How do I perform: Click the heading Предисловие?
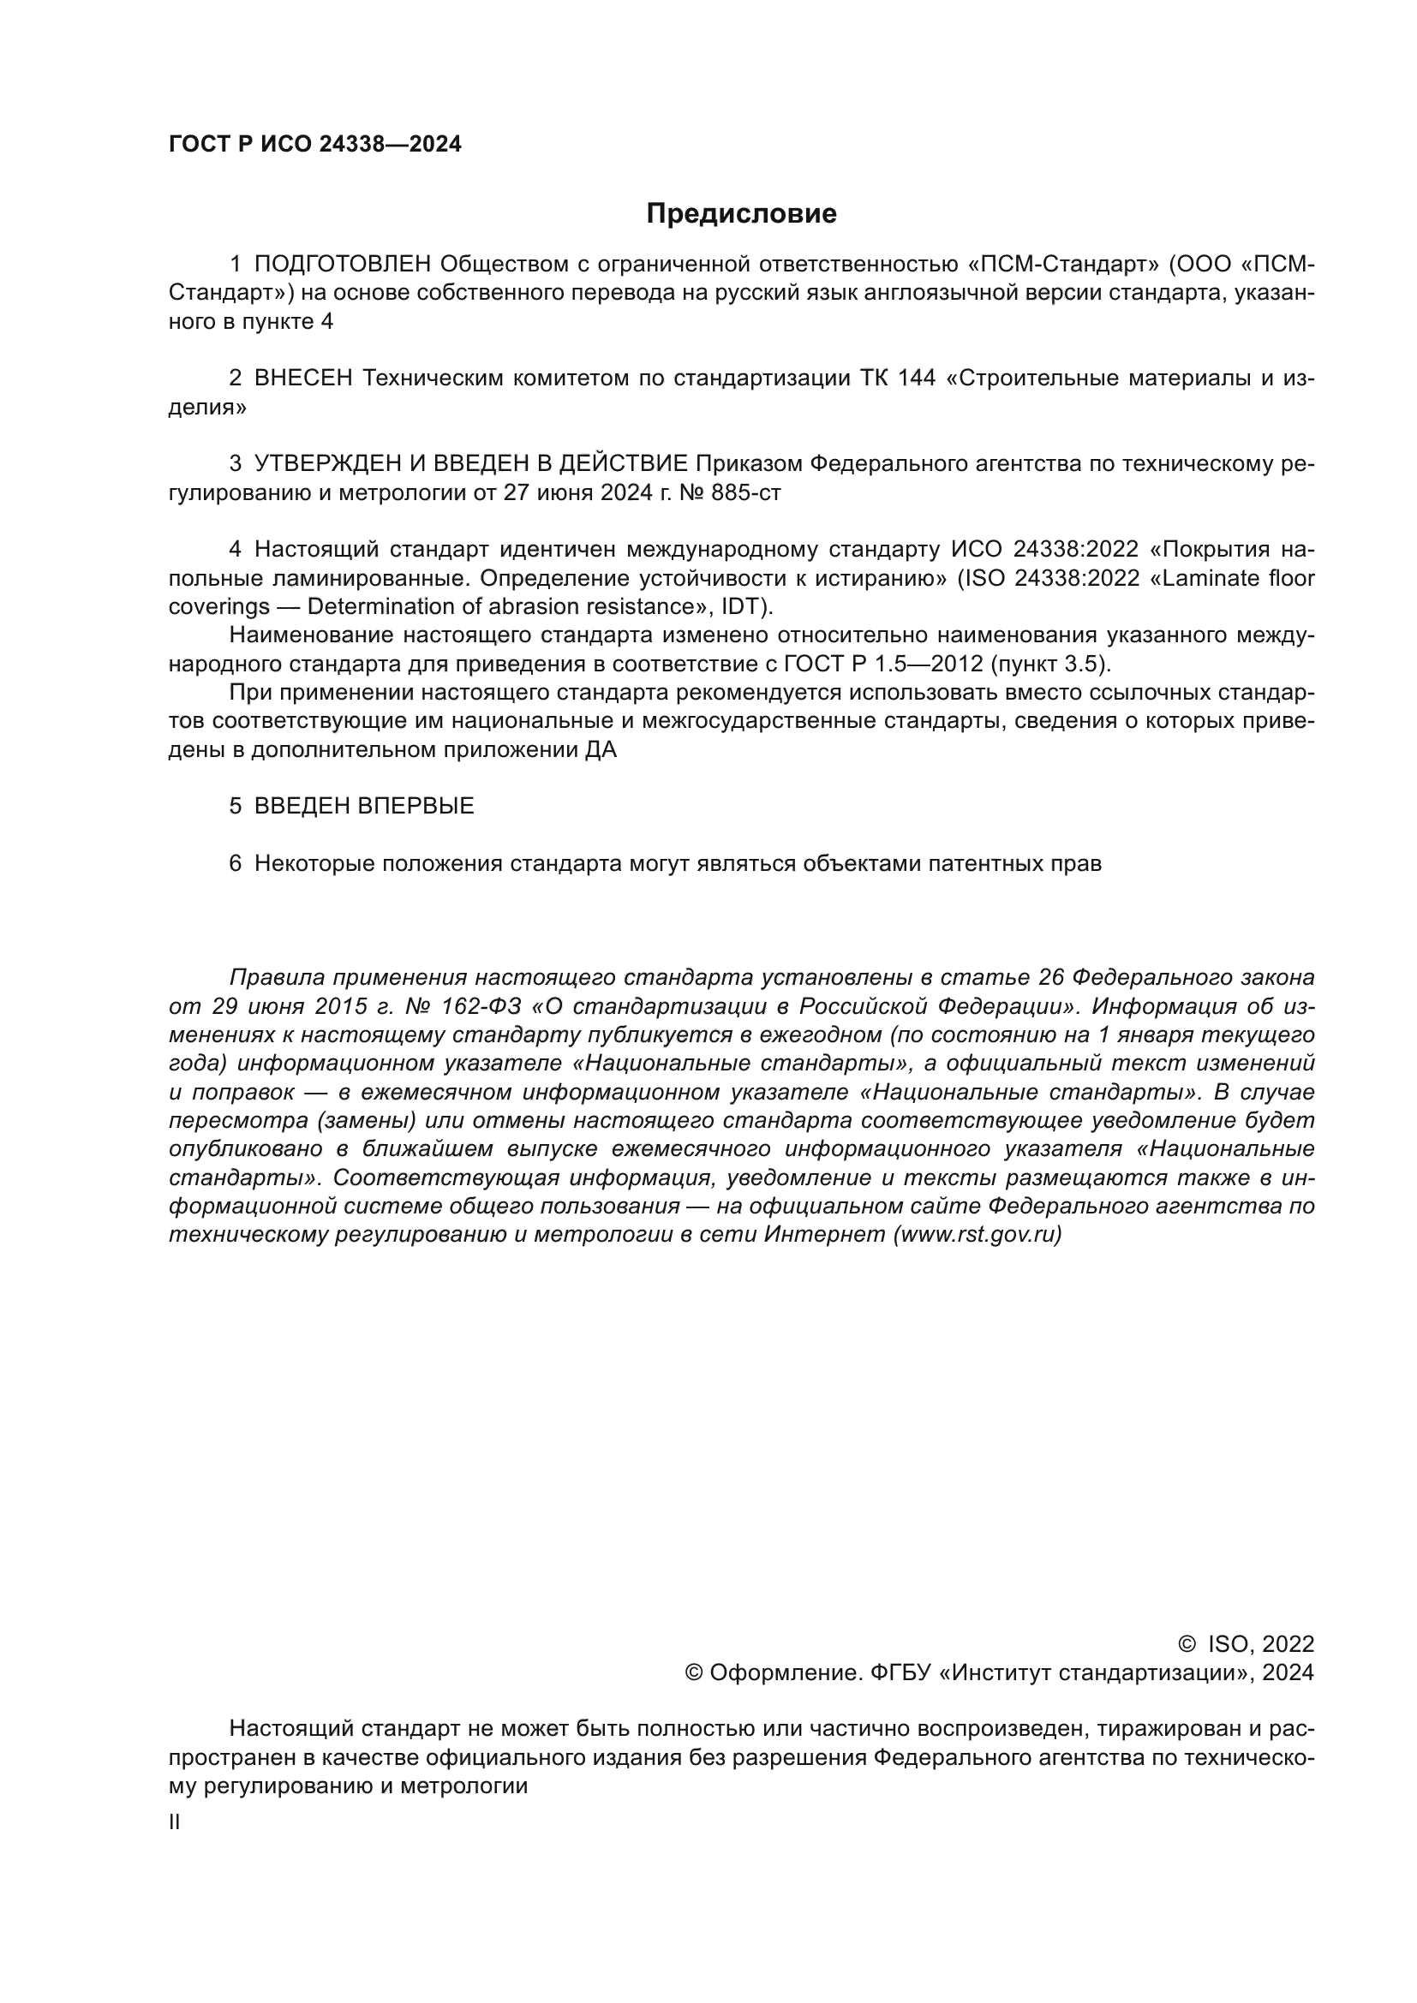(741, 214)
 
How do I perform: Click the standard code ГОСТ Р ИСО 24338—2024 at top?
(315, 145)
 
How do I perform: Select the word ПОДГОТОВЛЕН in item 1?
(343, 265)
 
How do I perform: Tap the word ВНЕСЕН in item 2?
(302, 379)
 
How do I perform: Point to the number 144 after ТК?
(916, 379)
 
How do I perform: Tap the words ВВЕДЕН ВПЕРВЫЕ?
(364, 806)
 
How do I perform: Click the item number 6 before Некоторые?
(235, 864)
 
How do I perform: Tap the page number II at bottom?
(175, 1822)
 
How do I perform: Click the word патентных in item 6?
(985, 864)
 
